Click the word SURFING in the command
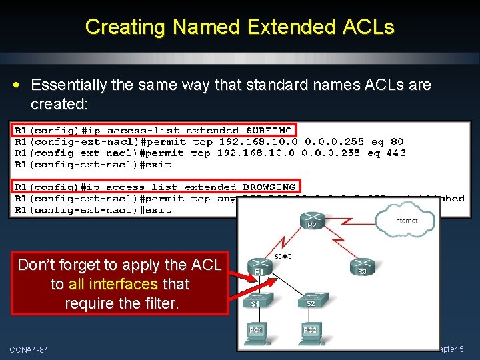click(269, 131)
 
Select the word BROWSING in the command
click(269, 187)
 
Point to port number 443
click(396, 153)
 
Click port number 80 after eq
click(397, 141)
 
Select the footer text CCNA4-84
click(29, 349)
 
